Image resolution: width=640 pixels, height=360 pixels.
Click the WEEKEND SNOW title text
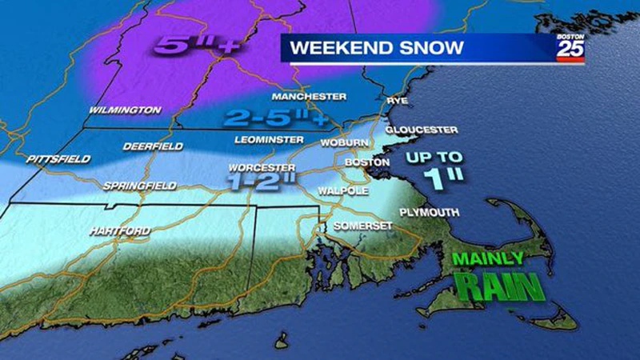tap(376, 48)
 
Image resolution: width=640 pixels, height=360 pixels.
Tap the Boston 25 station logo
tap(570, 49)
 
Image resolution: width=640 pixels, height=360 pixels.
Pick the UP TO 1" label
tap(433, 167)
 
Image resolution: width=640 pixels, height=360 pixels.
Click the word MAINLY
tap(487, 258)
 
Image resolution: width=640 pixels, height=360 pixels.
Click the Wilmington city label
tap(125, 110)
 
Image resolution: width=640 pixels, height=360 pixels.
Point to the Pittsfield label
tap(58, 159)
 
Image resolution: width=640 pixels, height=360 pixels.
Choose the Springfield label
tap(139, 186)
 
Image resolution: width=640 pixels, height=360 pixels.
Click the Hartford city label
tap(119, 231)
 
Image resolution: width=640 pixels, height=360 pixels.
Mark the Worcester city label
tap(258, 168)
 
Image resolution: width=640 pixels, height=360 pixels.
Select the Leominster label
tap(265, 140)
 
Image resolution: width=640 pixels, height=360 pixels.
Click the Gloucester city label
tap(421, 129)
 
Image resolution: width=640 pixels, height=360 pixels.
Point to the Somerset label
tap(363, 226)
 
